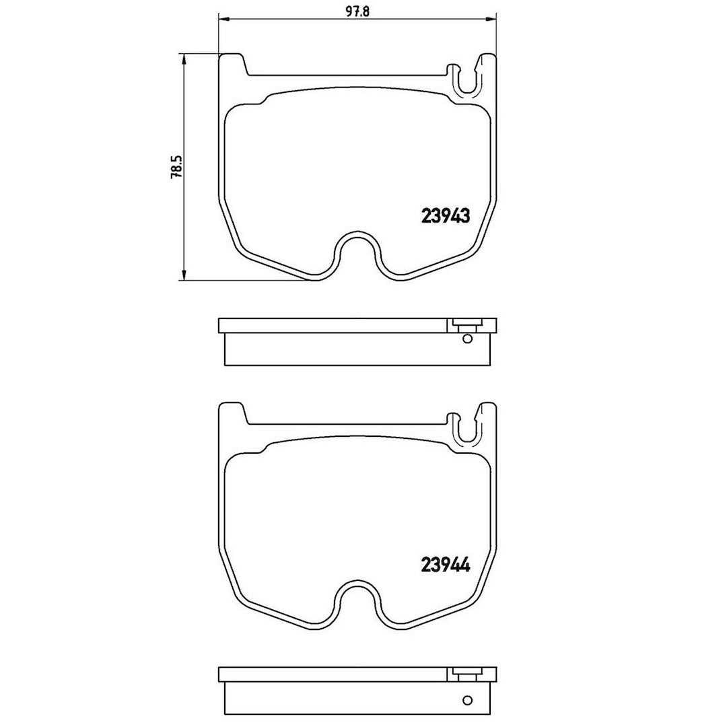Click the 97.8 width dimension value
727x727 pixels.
coord(357,12)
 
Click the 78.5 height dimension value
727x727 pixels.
coord(177,167)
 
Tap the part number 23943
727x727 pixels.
coord(445,215)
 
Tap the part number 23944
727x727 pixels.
coord(445,565)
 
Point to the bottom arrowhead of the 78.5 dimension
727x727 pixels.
coord(184,274)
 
